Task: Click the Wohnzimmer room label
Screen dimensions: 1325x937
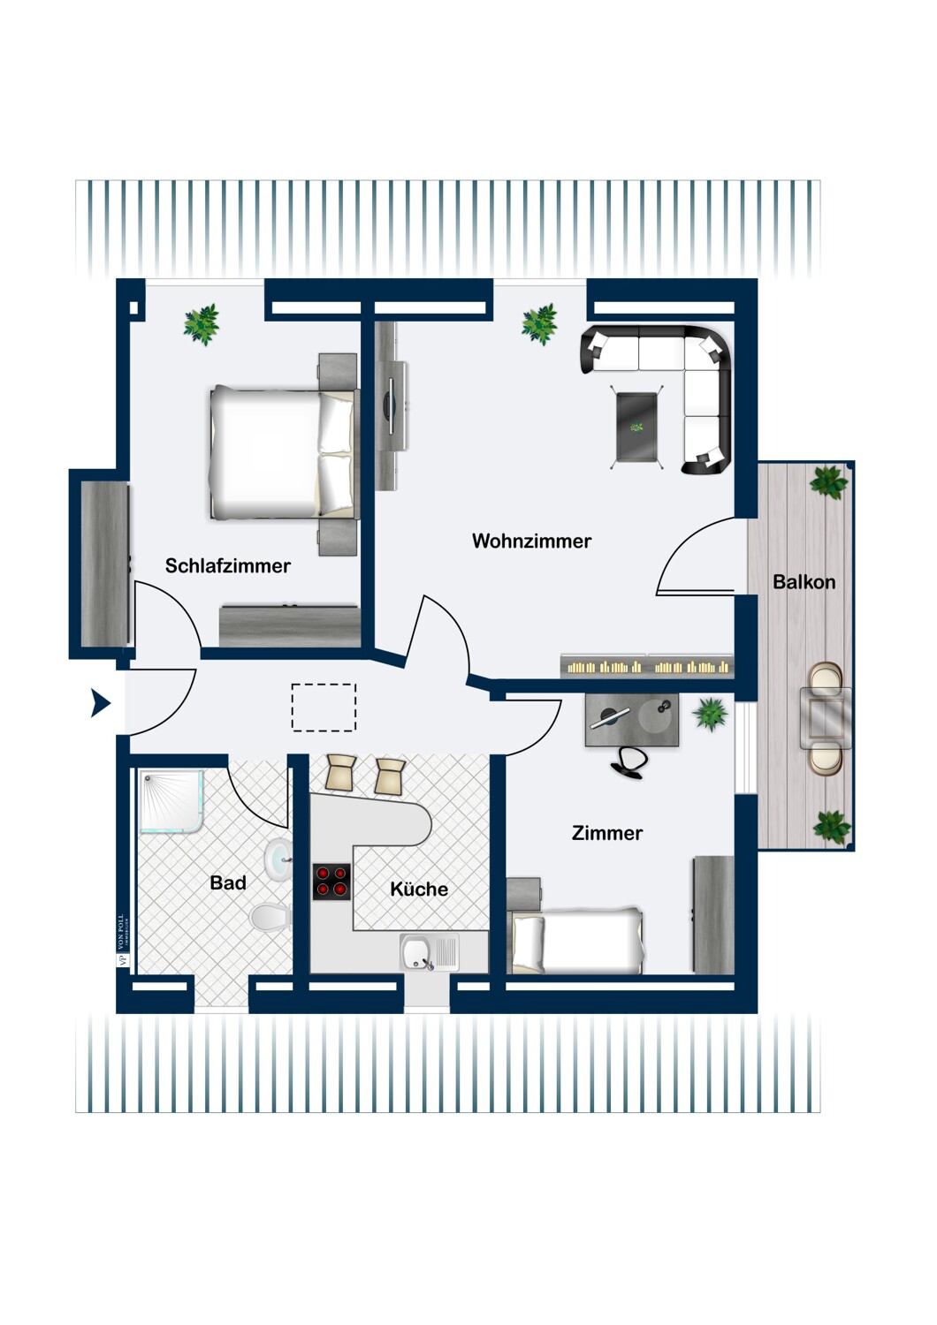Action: click(x=531, y=541)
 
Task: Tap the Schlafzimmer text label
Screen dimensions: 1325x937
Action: click(x=227, y=566)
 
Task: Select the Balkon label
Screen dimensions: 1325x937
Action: click(x=804, y=582)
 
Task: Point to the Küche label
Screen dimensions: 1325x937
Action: click(x=419, y=890)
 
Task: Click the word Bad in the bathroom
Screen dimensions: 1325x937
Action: click(x=227, y=882)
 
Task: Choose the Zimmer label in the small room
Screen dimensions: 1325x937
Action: click(x=607, y=833)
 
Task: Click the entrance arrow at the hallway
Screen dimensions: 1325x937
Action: click(x=101, y=703)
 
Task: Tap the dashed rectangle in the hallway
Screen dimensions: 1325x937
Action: click(x=324, y=708)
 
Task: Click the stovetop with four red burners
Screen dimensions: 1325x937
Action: click(x=331, y=882)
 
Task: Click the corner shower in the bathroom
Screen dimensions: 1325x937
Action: click(x=171, y=801)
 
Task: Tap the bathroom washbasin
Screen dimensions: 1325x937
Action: click(x=278, y=857)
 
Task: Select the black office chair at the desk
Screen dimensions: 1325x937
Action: click(x=629, y=762)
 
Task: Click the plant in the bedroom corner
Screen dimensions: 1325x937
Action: click(x=202, y=324)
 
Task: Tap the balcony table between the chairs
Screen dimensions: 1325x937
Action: click(x=826, y=718)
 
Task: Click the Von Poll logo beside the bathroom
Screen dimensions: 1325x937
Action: click(x=123, y=940)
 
